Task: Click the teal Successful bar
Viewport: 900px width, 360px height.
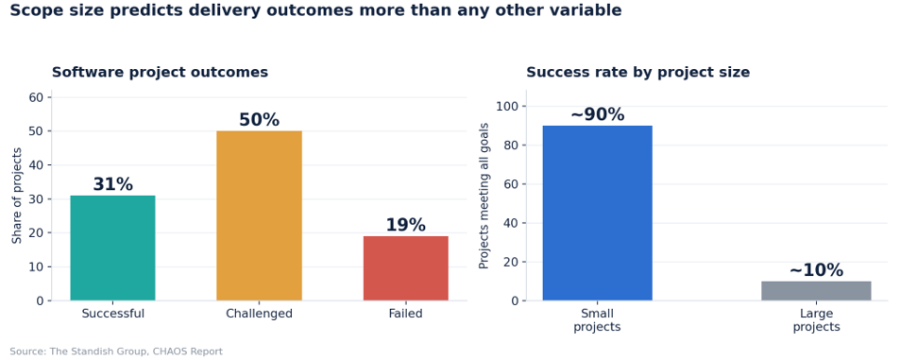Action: (112, 249)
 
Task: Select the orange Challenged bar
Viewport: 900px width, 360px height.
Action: (259, 215)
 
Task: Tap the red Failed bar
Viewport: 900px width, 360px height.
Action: (406, 268)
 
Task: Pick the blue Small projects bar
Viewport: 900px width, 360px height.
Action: (598, 213)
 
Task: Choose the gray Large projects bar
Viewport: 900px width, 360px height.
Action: (816, 291)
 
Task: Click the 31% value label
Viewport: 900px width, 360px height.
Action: (113, 184)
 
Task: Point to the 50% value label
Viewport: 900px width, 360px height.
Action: (259, 120)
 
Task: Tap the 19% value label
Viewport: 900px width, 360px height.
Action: (406, 225)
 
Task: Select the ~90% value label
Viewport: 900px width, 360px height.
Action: (598, 115)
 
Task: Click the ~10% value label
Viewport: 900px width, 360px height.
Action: (816, 270)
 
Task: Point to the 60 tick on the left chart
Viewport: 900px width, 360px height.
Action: (36, 97)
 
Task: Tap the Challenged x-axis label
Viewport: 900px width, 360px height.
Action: (259, 314)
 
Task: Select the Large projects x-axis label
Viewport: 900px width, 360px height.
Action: (816, 320)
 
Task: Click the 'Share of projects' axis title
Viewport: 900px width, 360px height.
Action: (17, 196)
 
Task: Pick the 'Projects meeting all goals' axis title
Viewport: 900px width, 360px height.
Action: (484, 196)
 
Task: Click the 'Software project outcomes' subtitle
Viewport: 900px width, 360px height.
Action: (161, 73)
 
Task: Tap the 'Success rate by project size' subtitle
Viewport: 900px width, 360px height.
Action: (638, 73)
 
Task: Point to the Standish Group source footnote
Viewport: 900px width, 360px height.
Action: (116, 351)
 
